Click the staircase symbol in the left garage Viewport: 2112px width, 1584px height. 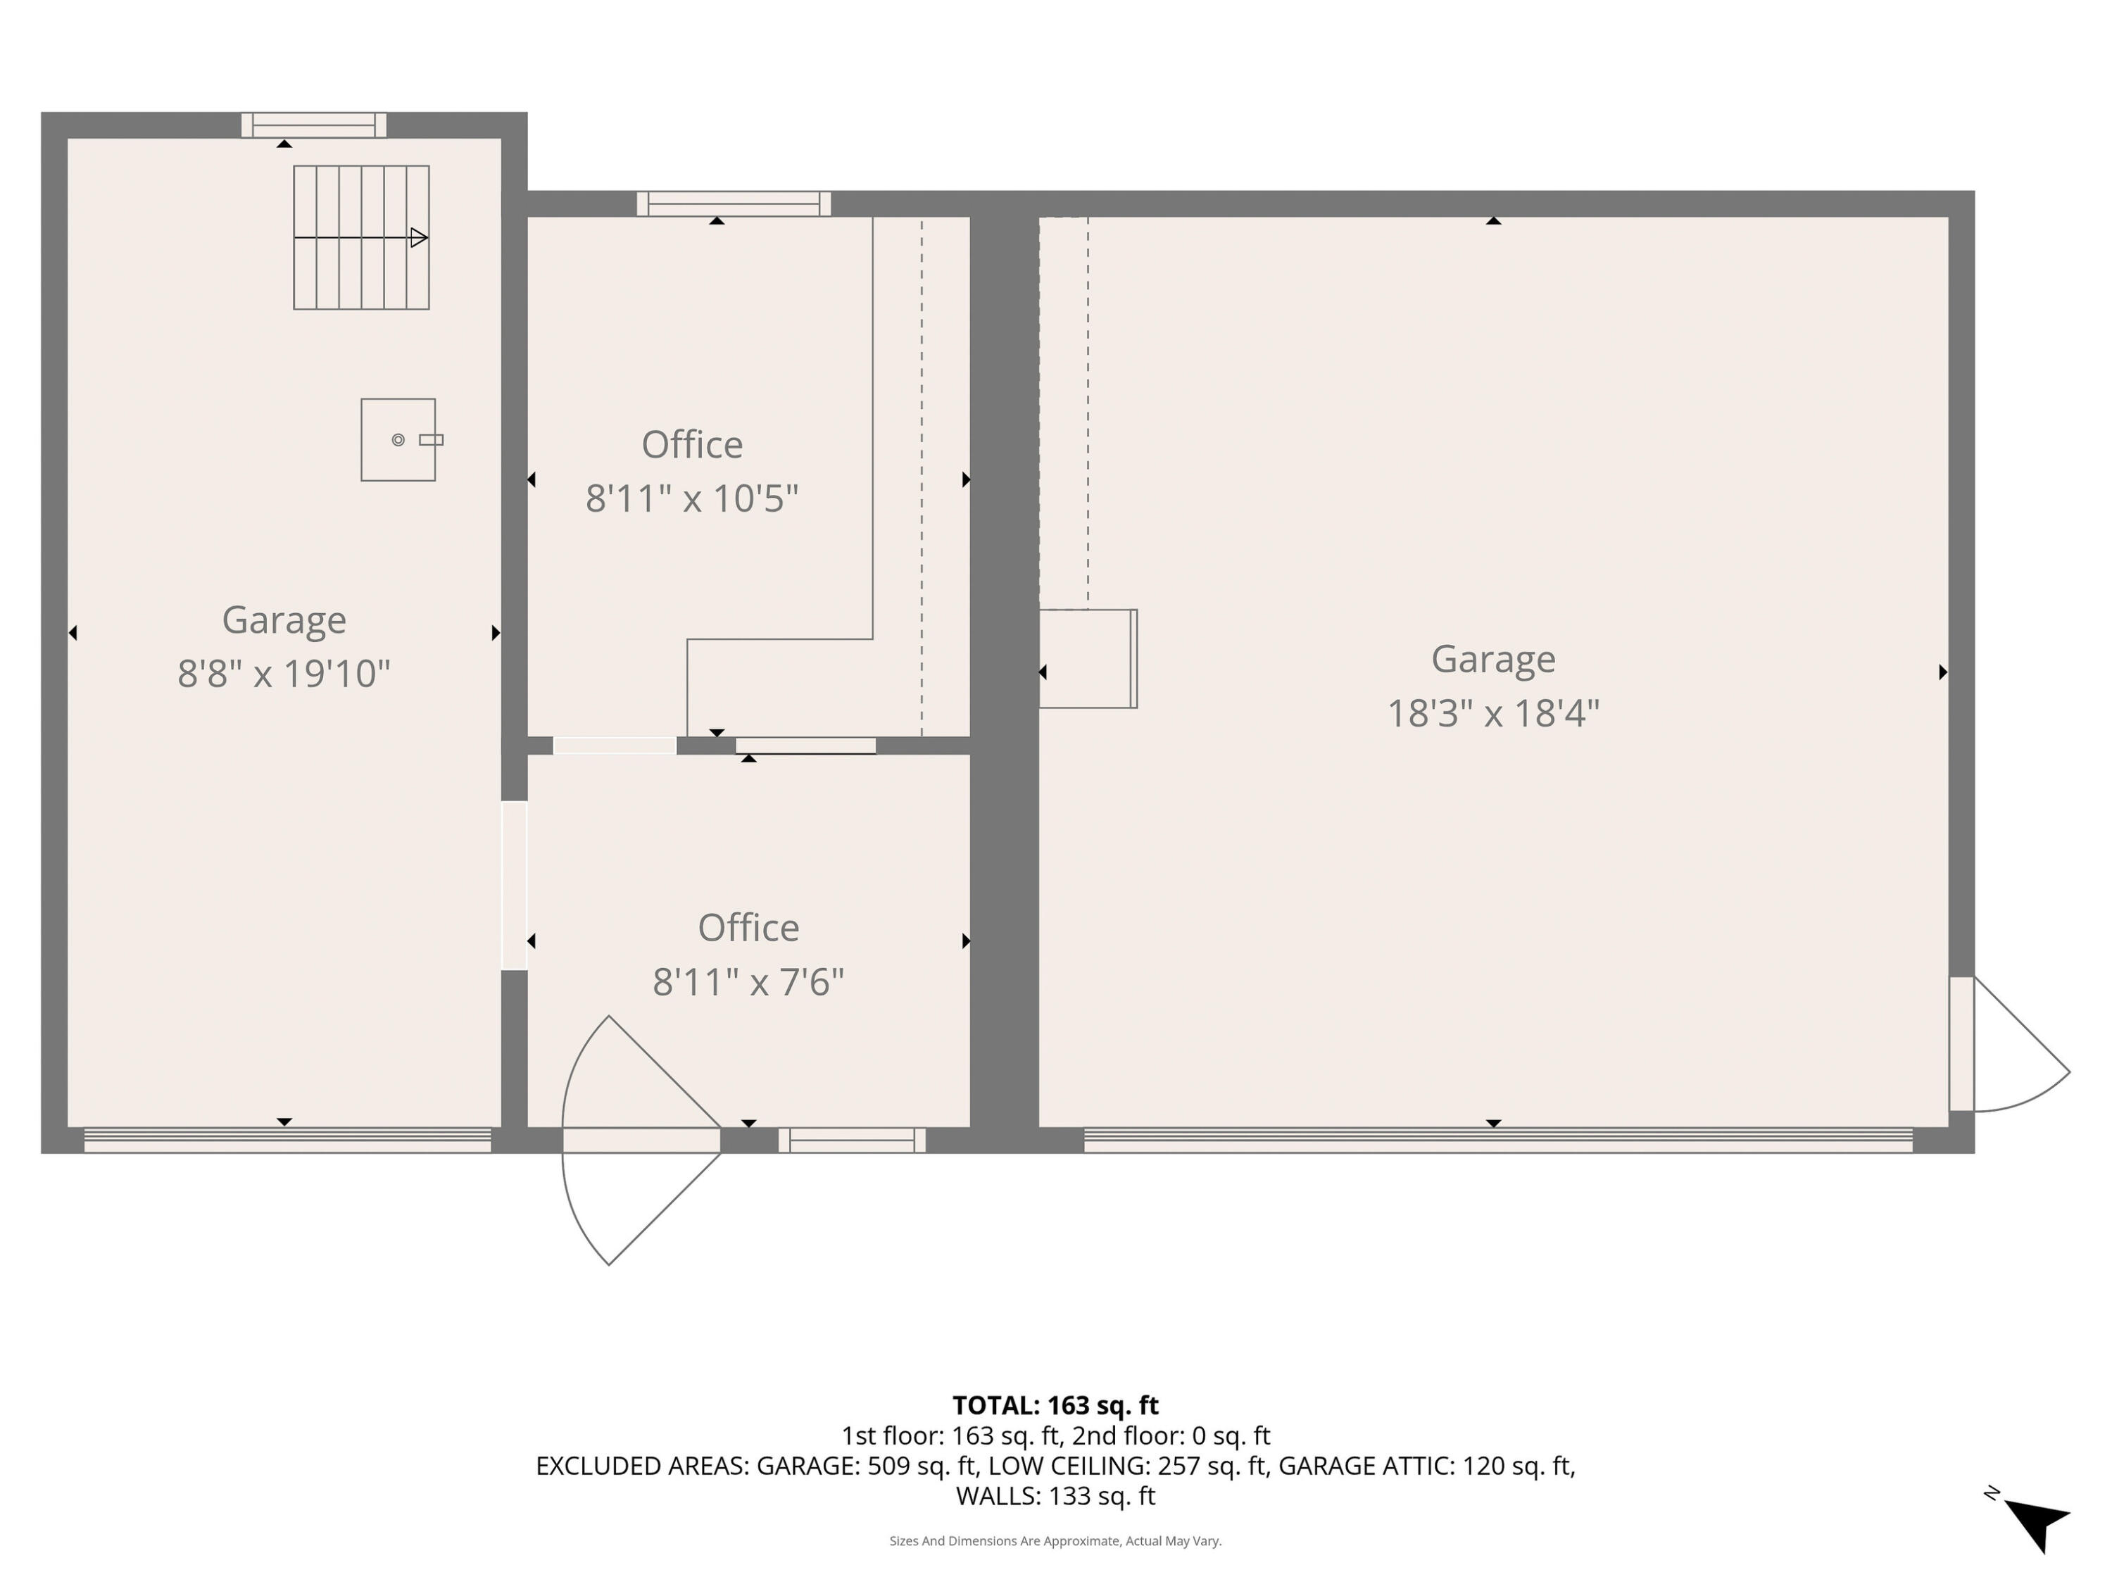coord(361,238)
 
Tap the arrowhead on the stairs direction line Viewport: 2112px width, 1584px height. coord(418,238)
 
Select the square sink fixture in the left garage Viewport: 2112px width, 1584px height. coord(398,440)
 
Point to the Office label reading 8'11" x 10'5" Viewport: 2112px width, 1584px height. coord(691,472)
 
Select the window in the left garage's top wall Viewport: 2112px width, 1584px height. coord(313,125)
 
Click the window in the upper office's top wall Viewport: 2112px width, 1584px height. coord(734,204)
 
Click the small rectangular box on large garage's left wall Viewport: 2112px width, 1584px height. coord(1088,659)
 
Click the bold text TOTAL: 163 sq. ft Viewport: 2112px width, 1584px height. coord(1055,1405)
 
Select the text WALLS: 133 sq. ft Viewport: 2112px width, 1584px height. coord(1055,1496)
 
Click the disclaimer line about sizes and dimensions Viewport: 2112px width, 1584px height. coord(1055,1541)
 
